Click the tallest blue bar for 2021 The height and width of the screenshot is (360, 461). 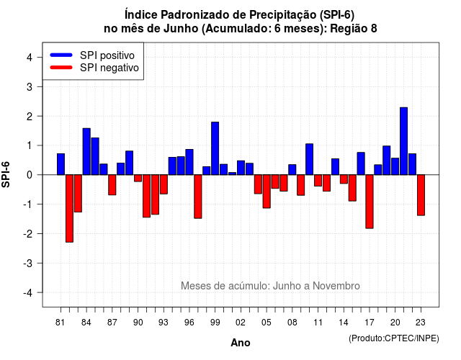403,141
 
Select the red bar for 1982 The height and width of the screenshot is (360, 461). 69,208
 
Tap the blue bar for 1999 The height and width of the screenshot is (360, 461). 215,148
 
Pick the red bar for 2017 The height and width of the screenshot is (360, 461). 370,202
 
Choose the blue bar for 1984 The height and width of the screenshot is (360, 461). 86,152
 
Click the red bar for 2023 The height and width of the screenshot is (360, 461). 421,195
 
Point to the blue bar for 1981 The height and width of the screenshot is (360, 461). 61,164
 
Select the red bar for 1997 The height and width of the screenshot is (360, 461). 198,197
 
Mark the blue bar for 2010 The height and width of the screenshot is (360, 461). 309,159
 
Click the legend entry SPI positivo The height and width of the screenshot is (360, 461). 107,55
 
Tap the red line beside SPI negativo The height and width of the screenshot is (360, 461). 61,68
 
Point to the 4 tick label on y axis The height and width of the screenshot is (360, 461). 30,58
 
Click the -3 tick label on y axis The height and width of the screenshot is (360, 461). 28,263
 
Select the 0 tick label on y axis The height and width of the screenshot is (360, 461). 30,175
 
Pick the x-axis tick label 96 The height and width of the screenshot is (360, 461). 189,323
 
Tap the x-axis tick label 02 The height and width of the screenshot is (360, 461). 241,323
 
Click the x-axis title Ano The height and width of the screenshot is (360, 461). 241,343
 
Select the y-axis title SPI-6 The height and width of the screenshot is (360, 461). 6,174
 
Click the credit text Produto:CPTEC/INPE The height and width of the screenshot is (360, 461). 394,338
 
